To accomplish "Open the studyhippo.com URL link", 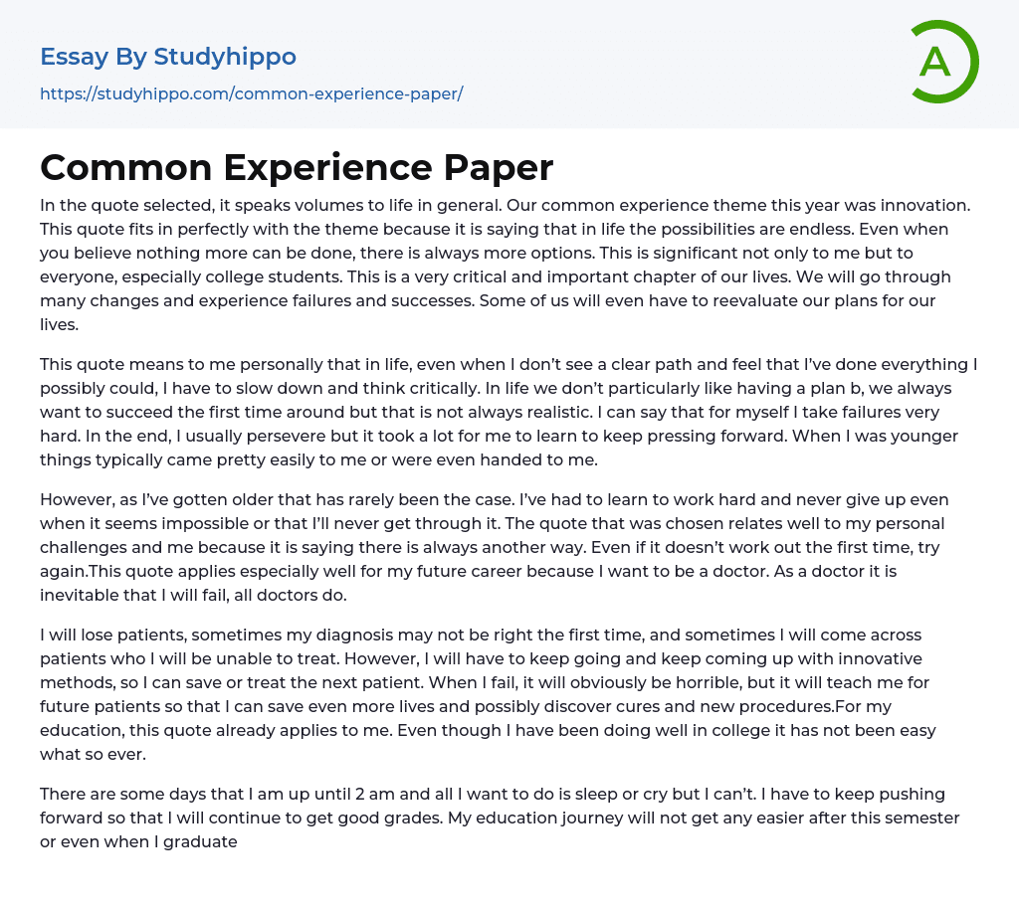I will tap(251, 93).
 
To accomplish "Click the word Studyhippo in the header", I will tap(225, 57).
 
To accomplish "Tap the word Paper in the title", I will tap(497, 167).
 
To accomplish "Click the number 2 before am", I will tap(345, 794).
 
